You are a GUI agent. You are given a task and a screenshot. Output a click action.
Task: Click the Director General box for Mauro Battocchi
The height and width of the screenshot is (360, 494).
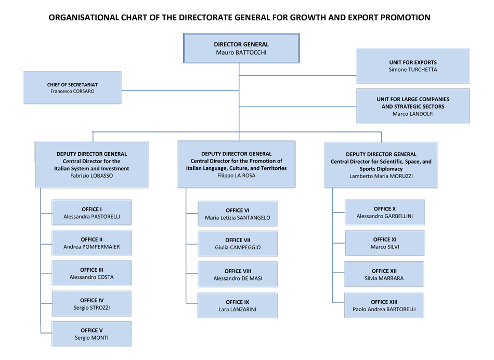pyautogui.click(x=241, y=48)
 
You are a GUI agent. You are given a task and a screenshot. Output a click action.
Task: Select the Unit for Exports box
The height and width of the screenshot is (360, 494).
pyautogui.click(x=413, y=66)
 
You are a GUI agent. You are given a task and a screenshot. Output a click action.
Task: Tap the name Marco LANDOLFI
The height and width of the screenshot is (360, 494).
pyautogui.click(x=413, y=114)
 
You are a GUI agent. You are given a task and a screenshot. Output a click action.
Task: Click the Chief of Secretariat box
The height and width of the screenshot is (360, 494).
pyautogui.click(x=72, y=88)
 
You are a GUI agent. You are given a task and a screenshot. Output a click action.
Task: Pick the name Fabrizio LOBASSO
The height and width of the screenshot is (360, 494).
pyautogui.click(x=92, y=176)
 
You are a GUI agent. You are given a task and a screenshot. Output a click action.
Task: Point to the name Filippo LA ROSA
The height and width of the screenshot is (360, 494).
pyautogui.click(x=236, y=176)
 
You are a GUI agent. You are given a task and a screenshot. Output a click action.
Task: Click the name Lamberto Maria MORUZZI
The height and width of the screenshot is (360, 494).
pyautogui.click(x=381, y=176)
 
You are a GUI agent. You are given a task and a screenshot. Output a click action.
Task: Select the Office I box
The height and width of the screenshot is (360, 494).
pyautogui.click(x=92, y=212)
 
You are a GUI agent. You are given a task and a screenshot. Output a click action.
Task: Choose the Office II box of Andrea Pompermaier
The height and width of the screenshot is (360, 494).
pyautogui.click(x=92, y=243)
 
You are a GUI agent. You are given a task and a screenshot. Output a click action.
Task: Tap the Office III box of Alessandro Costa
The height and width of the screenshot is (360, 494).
pyautogui.click(x=92, y=273)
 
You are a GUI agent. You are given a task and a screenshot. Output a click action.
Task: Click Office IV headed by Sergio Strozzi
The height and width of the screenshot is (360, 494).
pyautogui.click(x=92, y=304)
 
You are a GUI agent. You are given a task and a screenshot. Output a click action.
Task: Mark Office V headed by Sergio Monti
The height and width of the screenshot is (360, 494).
pyautogui.click(x=92, y=334)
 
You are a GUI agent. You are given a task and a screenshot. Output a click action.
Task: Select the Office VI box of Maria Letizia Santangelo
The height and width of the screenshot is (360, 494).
pyautogui.click(x=238, y=214)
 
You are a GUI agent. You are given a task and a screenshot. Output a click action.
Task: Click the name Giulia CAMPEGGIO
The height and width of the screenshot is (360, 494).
pyautogui.click(x=238, y=247)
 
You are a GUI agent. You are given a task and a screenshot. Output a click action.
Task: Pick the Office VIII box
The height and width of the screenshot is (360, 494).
pyautogui.click(x=238, y=275)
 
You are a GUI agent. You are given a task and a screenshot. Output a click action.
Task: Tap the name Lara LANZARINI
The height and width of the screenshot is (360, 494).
pyautogui.click(x=238, y=309)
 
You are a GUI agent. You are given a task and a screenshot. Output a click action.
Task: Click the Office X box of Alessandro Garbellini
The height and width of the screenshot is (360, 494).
pyautogui.click(x=385, y=212)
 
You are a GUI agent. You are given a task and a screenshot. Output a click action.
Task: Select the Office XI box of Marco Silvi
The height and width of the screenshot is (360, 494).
pyautogui.click(x=385, y=243)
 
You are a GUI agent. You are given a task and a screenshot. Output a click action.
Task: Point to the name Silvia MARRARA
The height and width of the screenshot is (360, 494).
pyautogui.click(x=384, y=278)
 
